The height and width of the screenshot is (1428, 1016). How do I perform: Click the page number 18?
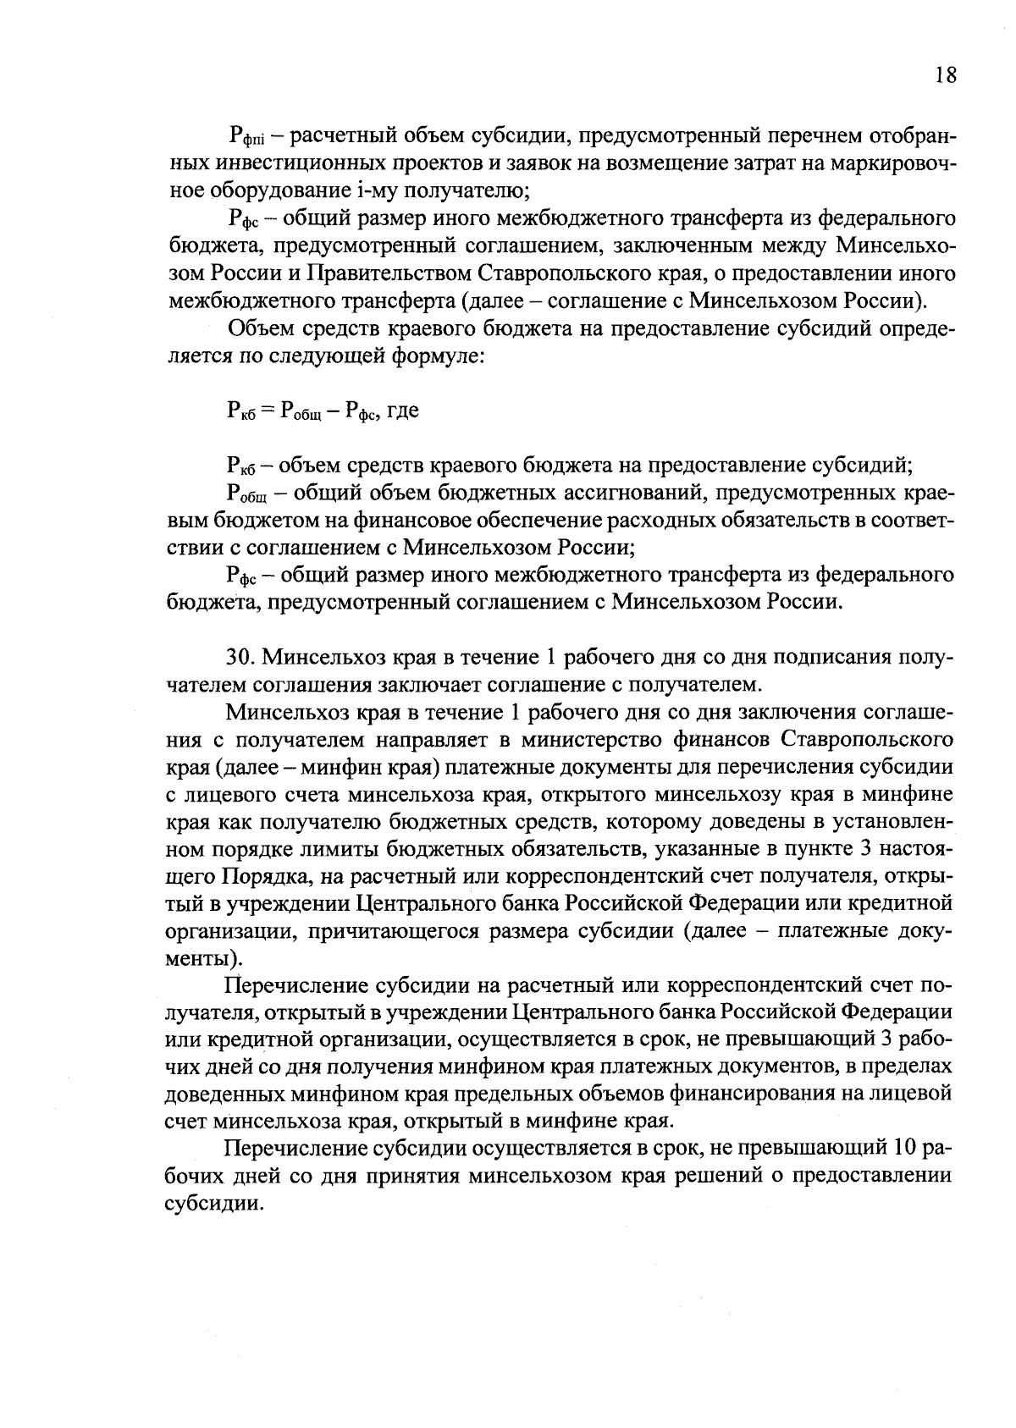click(946, 75)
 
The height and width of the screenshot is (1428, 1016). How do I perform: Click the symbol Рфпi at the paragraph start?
click(245, 136)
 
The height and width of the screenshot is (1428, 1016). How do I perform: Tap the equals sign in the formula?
click(266, 411)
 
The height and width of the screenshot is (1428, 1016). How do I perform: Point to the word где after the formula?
click(402, 412)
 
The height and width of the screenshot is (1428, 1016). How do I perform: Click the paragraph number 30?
click(240, 657)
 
